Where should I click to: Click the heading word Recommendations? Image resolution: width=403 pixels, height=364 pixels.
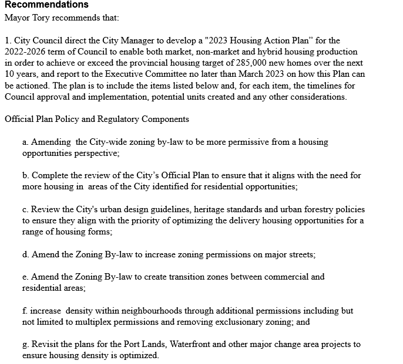(x=46, y=5)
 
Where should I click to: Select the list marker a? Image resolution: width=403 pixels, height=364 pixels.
(x=25, y=142)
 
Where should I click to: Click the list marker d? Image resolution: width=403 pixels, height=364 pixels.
(x=26, y=254)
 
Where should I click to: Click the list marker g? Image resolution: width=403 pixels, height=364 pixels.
(x=25, y=344)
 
